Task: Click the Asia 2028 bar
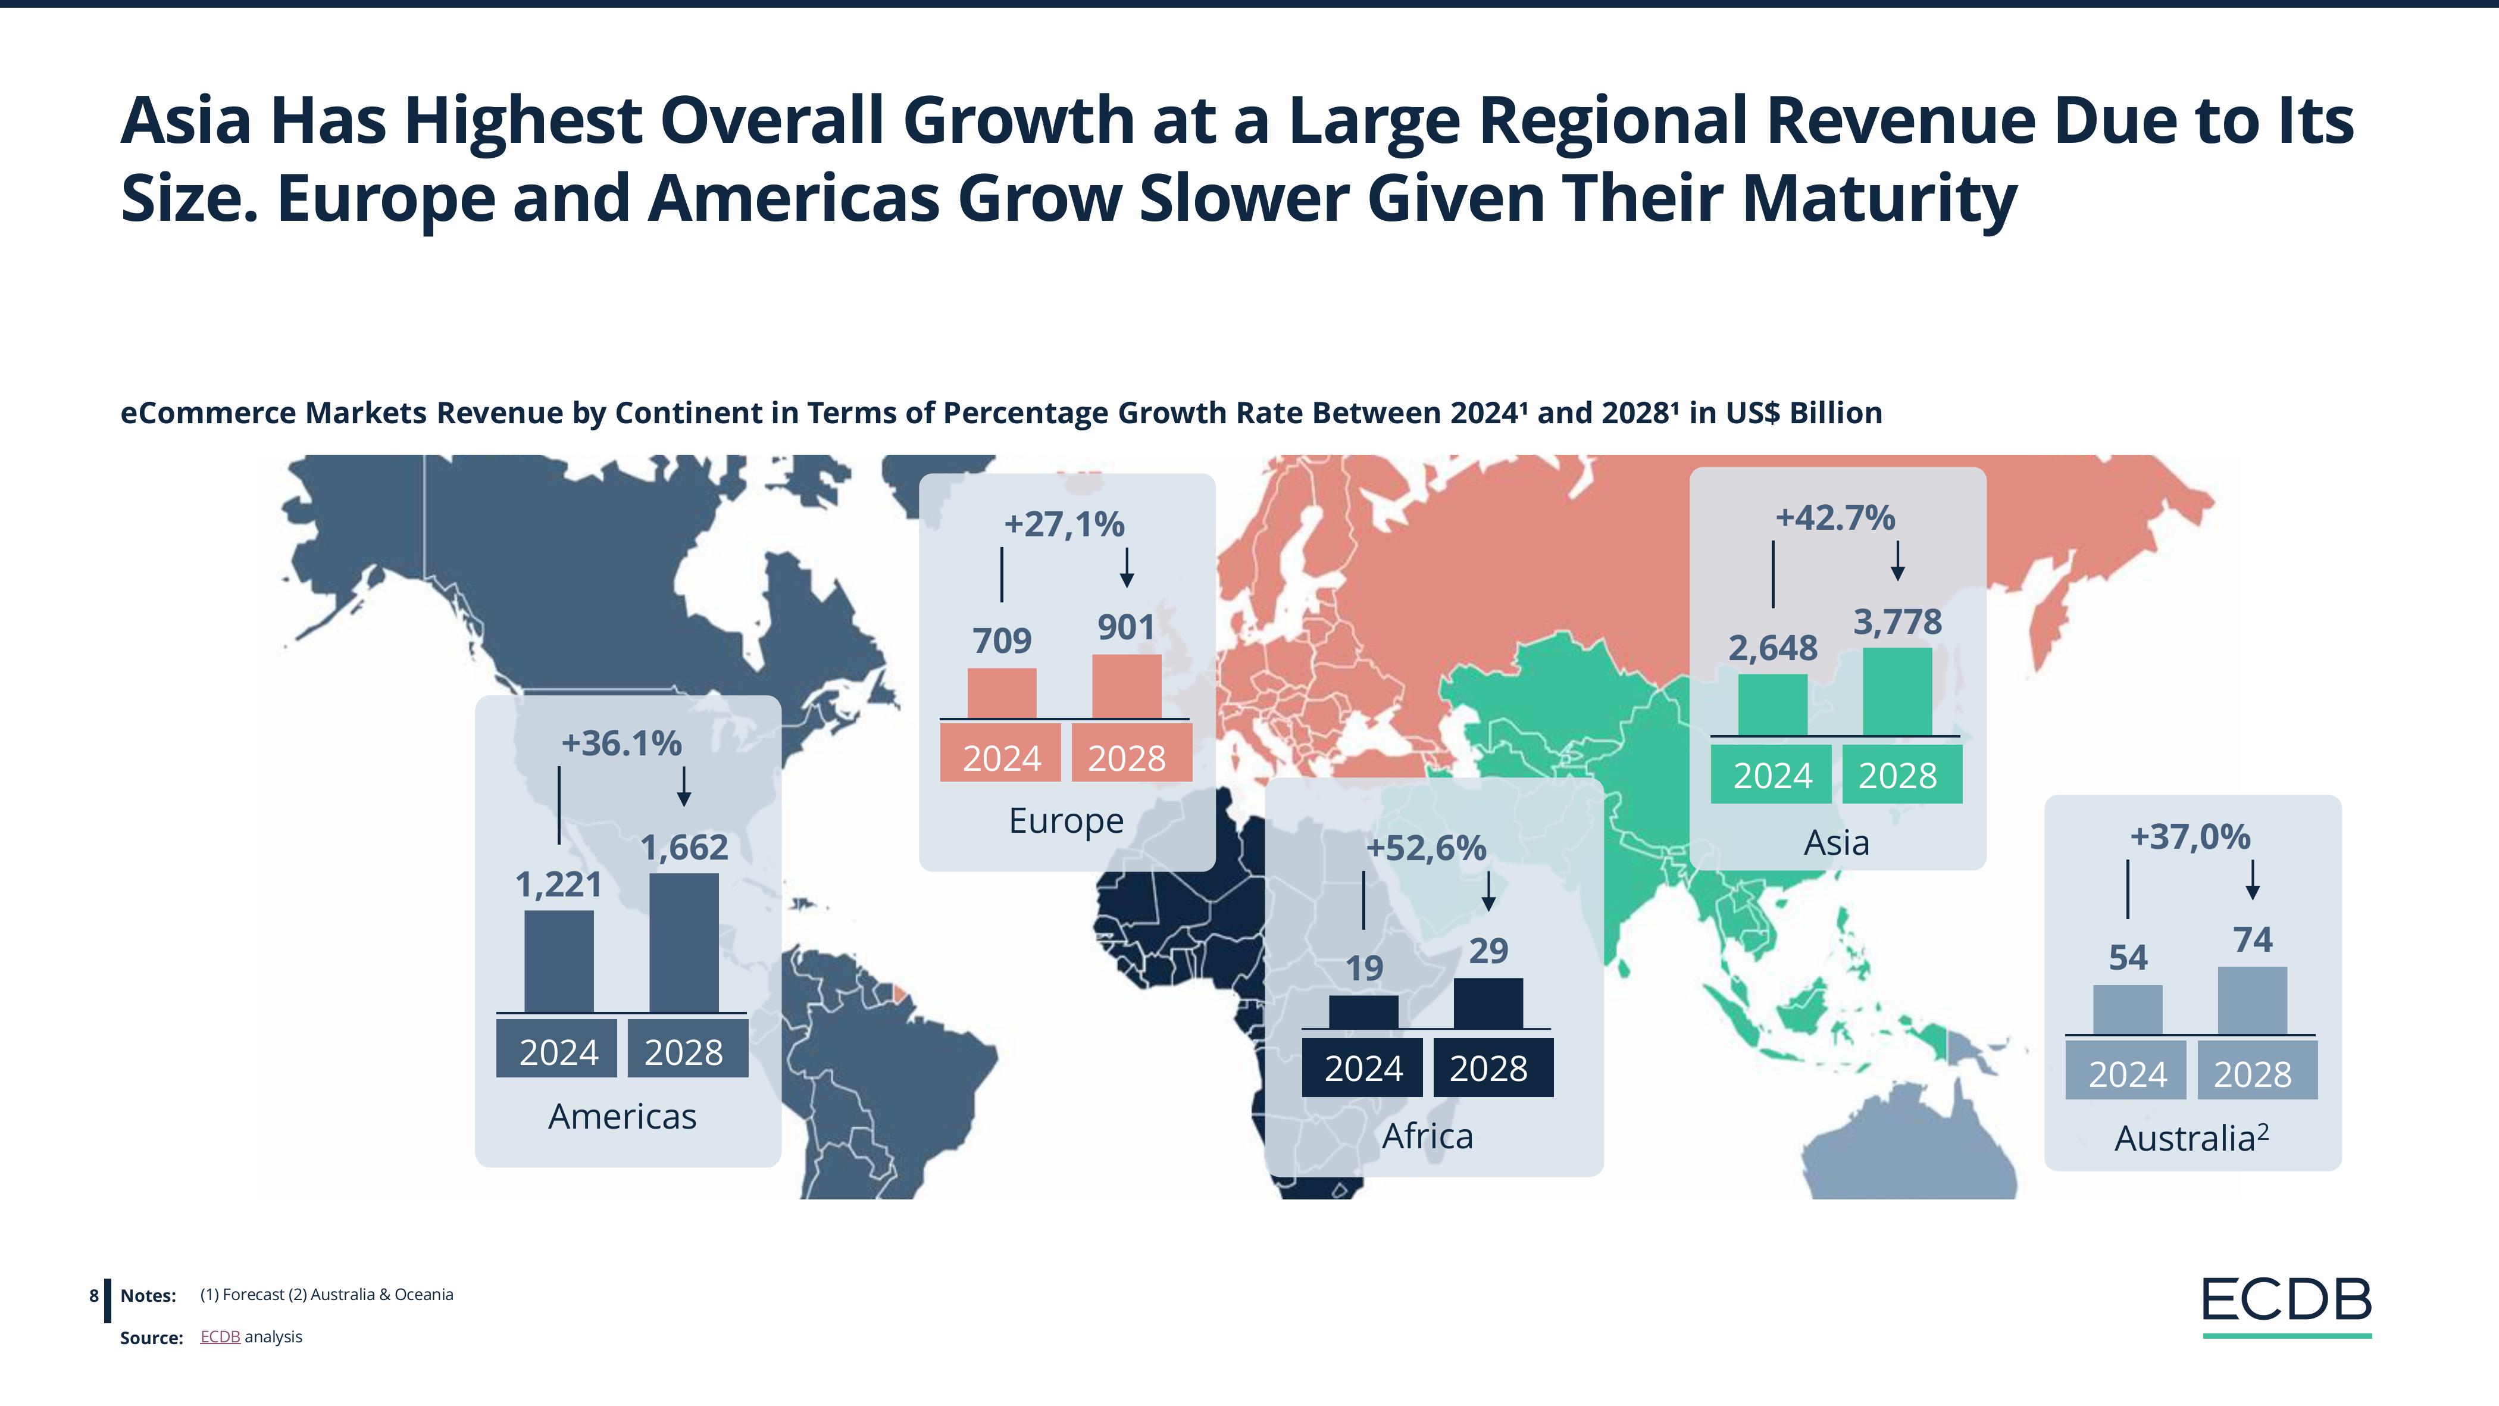(x=1897, y=691)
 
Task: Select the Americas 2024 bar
(x=559, y=961)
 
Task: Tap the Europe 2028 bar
(x=1126, y=686)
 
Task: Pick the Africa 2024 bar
(x=1363, y=1011)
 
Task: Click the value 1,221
(x=559, y=884)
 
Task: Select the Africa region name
(x=1427, y=1135)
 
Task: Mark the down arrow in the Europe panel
(x=1126, y=568)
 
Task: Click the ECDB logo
(x=2287, y=1303)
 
